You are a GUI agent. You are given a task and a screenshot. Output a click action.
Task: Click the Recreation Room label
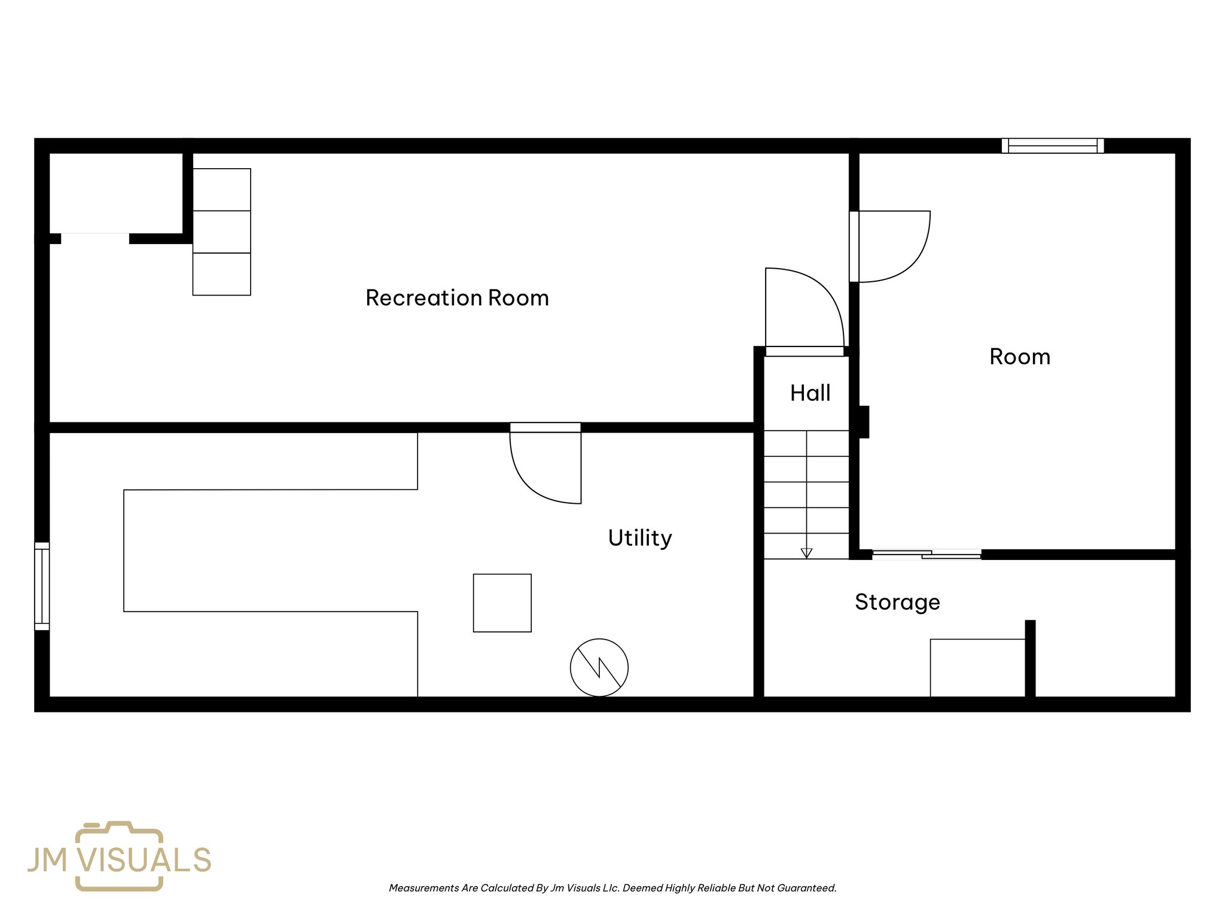pos(457,297)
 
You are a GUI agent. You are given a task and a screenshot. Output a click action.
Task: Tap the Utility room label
pos(639,537)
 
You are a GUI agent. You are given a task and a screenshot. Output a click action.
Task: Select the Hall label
pos(810,393)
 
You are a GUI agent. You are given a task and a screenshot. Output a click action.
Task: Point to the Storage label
pos(897,601)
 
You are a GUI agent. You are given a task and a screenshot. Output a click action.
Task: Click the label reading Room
pos(1019,357)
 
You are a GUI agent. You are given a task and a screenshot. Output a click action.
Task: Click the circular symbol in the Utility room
pos(599,667)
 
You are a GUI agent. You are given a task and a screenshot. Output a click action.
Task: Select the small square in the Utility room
pos(502,602)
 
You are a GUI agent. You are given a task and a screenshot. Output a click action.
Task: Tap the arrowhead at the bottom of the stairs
pos(806,553)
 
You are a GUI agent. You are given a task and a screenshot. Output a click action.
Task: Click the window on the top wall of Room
pos(1052,146)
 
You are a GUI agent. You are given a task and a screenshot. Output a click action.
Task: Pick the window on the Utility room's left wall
pos(42,586)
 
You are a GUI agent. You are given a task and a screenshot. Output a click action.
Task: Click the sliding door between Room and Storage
pos(926,555)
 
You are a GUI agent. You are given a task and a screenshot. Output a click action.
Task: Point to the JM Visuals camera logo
pos(119,856)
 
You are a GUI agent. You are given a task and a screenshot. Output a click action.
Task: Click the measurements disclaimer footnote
pos(612,888)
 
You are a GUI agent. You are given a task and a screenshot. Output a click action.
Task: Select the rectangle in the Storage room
pos(977,667)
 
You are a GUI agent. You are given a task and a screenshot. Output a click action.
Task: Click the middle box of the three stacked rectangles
pos(221,232)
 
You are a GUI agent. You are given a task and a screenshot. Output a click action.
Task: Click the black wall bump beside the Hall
pos(864,422)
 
